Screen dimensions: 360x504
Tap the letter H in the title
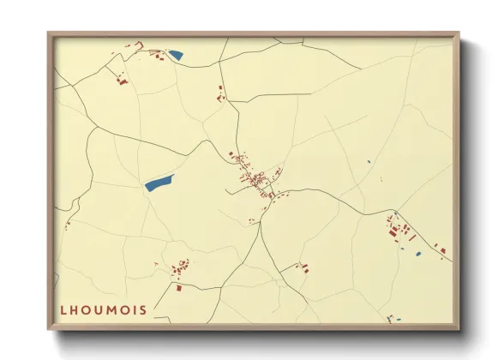click(x=75, y=310)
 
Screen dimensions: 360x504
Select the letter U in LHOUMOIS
click(x=100, y=310)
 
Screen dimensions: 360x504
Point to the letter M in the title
click(x=113, y=310)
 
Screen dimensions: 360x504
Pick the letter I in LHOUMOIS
click(x=135, y=310)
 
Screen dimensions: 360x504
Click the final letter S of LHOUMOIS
click(x=143, y=310)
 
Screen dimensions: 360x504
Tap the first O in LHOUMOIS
click(x=87, y=310)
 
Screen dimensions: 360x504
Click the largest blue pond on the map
click(x=159, y=182)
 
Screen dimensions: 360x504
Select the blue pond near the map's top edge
click(x=176, y=56)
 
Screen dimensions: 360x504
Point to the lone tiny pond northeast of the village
click(x=369, y=162)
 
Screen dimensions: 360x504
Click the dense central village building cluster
click(x=255, y=178)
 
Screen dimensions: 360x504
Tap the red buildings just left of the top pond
click(x=157, y=56)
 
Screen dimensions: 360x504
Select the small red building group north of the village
click(x=220, y=93)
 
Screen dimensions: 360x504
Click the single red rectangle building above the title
click(x=179, y=287)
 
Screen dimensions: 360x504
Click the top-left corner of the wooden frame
click(x=49, y=33)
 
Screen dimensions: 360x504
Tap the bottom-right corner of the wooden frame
click(x=459, y=327)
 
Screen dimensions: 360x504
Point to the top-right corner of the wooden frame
click(x=459, y=33)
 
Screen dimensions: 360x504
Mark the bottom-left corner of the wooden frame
click(x=49, y=327)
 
